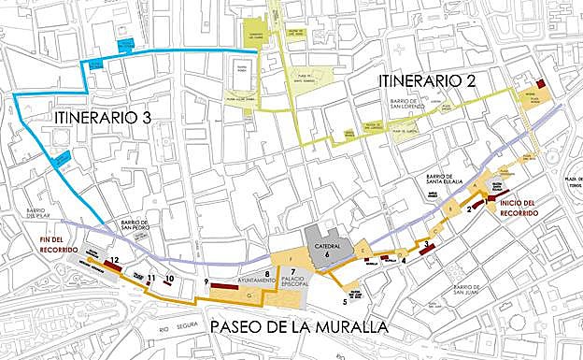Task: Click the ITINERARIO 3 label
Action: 102,118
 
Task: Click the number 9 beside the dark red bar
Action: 205,281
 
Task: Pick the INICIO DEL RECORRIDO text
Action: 518,208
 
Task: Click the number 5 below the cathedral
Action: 344,301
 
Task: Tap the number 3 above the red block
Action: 426,244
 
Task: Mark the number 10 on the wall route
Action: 169,279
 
